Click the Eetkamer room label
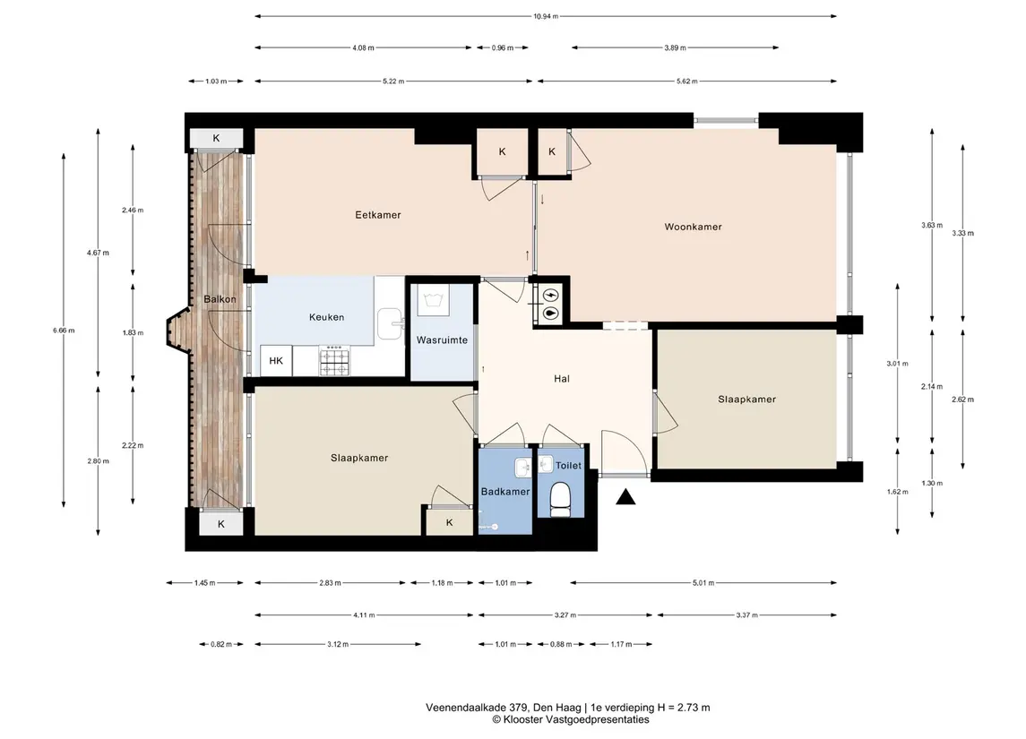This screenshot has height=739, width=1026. coord(377,214)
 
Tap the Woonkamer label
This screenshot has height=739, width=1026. coord(693,227)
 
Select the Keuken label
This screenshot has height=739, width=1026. coord(326,317)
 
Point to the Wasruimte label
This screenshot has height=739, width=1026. coord(442,340)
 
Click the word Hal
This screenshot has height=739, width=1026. coord(562,379)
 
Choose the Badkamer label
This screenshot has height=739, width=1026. coord(505,492)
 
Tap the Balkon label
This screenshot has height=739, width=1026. coord(220,299)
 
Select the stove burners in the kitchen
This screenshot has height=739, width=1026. coord(334,361)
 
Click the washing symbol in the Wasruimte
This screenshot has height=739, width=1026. coord(433,301)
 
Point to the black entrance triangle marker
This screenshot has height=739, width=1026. coord(625,498)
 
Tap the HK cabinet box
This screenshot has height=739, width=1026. coord(276,361)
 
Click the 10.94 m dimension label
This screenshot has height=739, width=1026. coord(546,16)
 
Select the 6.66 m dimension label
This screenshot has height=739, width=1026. coord(65,331)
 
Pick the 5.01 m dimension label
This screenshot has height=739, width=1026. coord(703,583)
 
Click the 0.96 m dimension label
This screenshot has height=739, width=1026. coord(503,47)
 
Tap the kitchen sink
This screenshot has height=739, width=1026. coord(391,323)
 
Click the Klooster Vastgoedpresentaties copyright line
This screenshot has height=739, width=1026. coord(571,719)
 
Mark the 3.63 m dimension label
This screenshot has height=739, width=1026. coord(932,225)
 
